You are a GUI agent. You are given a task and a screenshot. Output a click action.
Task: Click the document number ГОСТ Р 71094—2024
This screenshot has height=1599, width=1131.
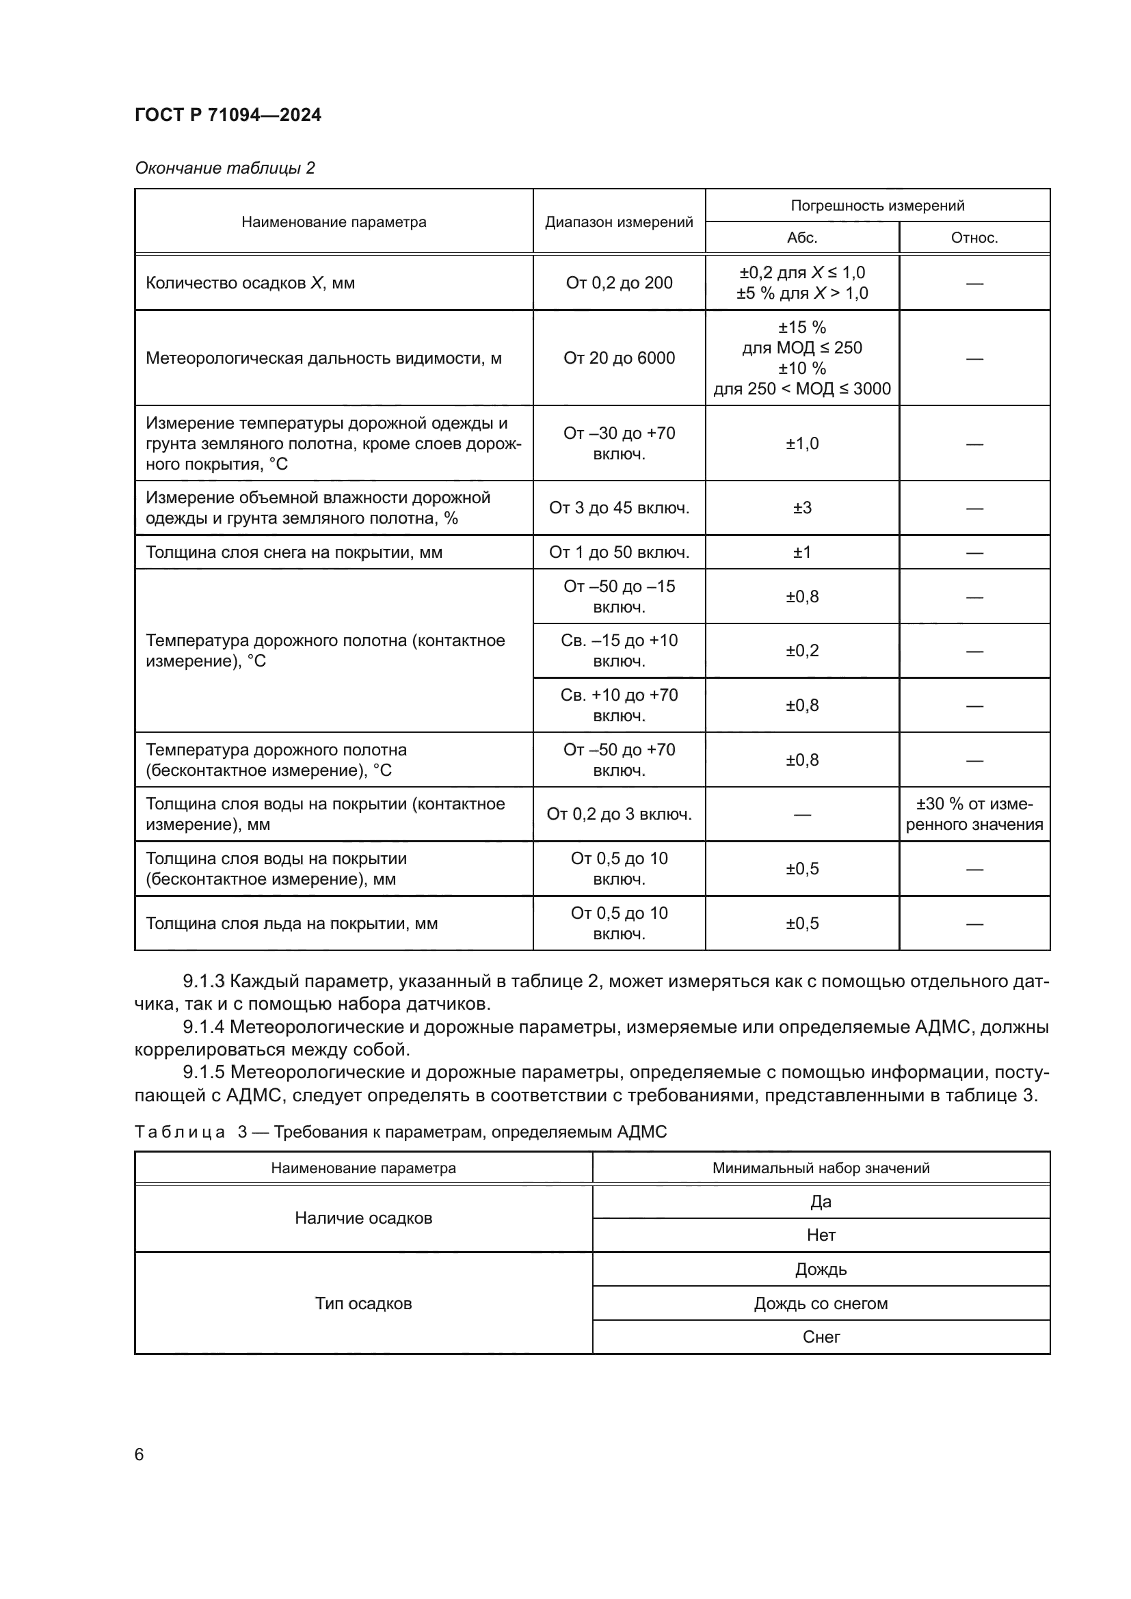tap(228, 115)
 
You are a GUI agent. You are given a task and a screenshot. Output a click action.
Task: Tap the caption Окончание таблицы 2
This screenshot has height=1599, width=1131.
tap(224, 168)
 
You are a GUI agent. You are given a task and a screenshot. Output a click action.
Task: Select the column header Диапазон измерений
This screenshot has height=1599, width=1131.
tap(618, 222)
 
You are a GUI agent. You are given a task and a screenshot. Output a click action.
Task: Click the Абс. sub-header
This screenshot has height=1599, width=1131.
tap(801, 237)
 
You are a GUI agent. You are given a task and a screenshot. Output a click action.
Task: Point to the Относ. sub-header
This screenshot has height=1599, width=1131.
tap(974, 237)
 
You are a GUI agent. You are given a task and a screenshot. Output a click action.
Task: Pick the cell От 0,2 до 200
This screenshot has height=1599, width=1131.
tap(618, 283)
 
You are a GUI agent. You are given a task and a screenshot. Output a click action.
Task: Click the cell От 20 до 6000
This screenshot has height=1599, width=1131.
tap(618, 358)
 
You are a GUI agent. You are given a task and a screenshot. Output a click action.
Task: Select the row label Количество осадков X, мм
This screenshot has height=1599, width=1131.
tap(250, 283)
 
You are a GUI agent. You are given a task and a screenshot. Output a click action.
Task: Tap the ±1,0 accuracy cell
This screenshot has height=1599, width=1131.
tap(801, 444)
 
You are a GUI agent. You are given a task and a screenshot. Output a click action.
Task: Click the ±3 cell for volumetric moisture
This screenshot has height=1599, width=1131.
tap(801, 508)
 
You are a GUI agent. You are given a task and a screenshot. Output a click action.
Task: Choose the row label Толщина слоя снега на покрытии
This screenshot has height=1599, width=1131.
tap(293, 552)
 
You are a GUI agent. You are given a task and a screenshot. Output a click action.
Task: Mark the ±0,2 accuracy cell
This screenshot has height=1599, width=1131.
tap(801, 650)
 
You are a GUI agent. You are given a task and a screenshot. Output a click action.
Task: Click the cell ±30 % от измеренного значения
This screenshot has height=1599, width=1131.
tap(974, 814)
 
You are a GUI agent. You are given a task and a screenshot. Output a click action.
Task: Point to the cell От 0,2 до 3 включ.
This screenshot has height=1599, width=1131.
tap(618, 814)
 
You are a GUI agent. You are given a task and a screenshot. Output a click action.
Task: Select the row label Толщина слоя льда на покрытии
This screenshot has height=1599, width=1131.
tap(291, 924)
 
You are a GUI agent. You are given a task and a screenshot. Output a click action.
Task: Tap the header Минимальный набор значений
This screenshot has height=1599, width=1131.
tap(821, 1168)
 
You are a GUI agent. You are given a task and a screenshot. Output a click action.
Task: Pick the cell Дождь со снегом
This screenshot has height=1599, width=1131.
tap(821, 1303)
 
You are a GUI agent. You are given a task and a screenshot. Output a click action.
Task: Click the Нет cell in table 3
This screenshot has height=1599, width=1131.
tap(821, 1235)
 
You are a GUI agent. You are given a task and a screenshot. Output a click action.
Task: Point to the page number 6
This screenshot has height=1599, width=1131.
tap(139, 1454)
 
